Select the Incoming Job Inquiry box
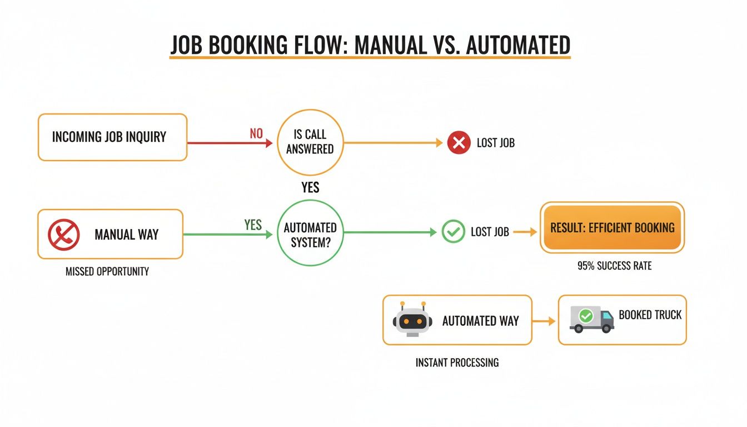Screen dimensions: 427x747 pyautogui.click(x=112, y=137)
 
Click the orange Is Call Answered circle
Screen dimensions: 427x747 pyautogui.click(x=310, y=142)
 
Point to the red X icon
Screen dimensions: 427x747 pyautogui.click(x=459, y=143)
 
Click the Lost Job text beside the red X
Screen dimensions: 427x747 pyautogui.click(x=496, y=143)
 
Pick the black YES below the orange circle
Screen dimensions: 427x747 pyautogui.click(x=310, y=187)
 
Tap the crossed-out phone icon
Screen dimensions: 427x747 pyautogui.click(x=64, y=234)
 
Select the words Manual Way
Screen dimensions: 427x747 pyautogui.click(x=126, y=235)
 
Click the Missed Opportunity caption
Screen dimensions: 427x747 pyautogui.click(x=107, y=272)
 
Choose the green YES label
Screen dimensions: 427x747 pyautogui.click(x=253, y=225)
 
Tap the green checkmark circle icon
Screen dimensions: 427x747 pyautogui.click(x=452, y=232)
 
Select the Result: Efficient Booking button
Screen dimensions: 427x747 pyautogui.click(x=612, y=227)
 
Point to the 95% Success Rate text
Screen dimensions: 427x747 pyautogui.click(x=614, y=266)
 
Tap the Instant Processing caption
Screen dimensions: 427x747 pyautogui.click(x=457, y=363)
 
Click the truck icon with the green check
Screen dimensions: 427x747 pyautogui.click(x=591, y=319)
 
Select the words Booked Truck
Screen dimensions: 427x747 pyautogui.click(x=650, y=315)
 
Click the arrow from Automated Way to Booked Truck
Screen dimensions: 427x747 pyautogui.click(x=544, y=321)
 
